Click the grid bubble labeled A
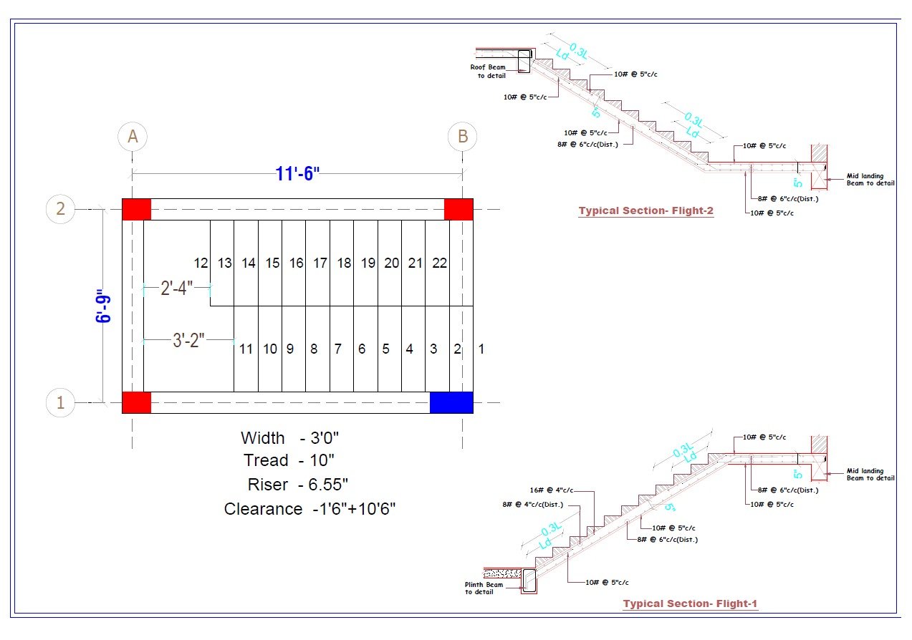click(x=133, y=136)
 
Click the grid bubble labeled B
click(x=463, y=136)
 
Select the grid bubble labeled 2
click(x=60, y=209)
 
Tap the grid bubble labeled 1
click(x=60, y=403)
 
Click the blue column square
click(x=451, y=402)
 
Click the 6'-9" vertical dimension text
click(x=104, y=306)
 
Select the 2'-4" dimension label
click(x=176, y=289)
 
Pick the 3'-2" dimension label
click(x=189, y=341)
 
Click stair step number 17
click(x=320, y=263)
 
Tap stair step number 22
click(x=439, y=263)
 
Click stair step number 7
click(x=337, y=349)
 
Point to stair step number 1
click(x=481, y=349)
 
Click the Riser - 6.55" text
click(x=298, y=485)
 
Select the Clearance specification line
click(x=309, y=509)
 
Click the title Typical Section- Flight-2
click(x=645, y=210)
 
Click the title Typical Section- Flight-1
click(x=689, y=603)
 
